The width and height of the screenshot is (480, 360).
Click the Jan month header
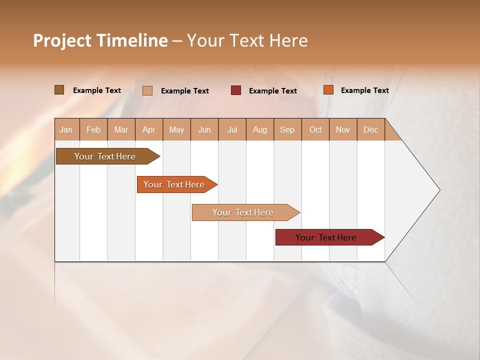click(66, 129)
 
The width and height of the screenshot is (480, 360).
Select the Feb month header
click(93, 129)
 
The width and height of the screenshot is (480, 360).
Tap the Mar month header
click(121, 129)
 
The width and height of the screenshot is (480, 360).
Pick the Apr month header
click(149, 129)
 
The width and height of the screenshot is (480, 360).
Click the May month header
click(176, 129)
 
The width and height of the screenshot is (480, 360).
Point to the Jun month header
click(204, 129)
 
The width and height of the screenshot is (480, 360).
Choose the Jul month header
click(232, 129)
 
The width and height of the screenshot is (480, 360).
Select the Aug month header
click(260, 129)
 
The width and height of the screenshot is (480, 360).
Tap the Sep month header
click(287, 129)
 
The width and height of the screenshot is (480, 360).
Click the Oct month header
click(315, 129)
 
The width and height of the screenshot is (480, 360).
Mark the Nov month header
click(343, 129)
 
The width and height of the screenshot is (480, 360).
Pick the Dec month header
click(371, 129)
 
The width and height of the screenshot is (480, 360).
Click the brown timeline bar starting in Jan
click(105, 156)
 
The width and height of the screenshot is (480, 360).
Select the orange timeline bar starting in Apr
click(174, 184)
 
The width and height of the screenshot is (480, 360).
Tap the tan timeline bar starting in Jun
click(243, 212)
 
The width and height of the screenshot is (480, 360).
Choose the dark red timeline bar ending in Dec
click(326, 237)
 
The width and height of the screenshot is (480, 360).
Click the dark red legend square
click(236, 90)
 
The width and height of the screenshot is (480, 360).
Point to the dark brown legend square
click(59, 90)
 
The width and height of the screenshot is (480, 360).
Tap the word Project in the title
click(62, 40)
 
